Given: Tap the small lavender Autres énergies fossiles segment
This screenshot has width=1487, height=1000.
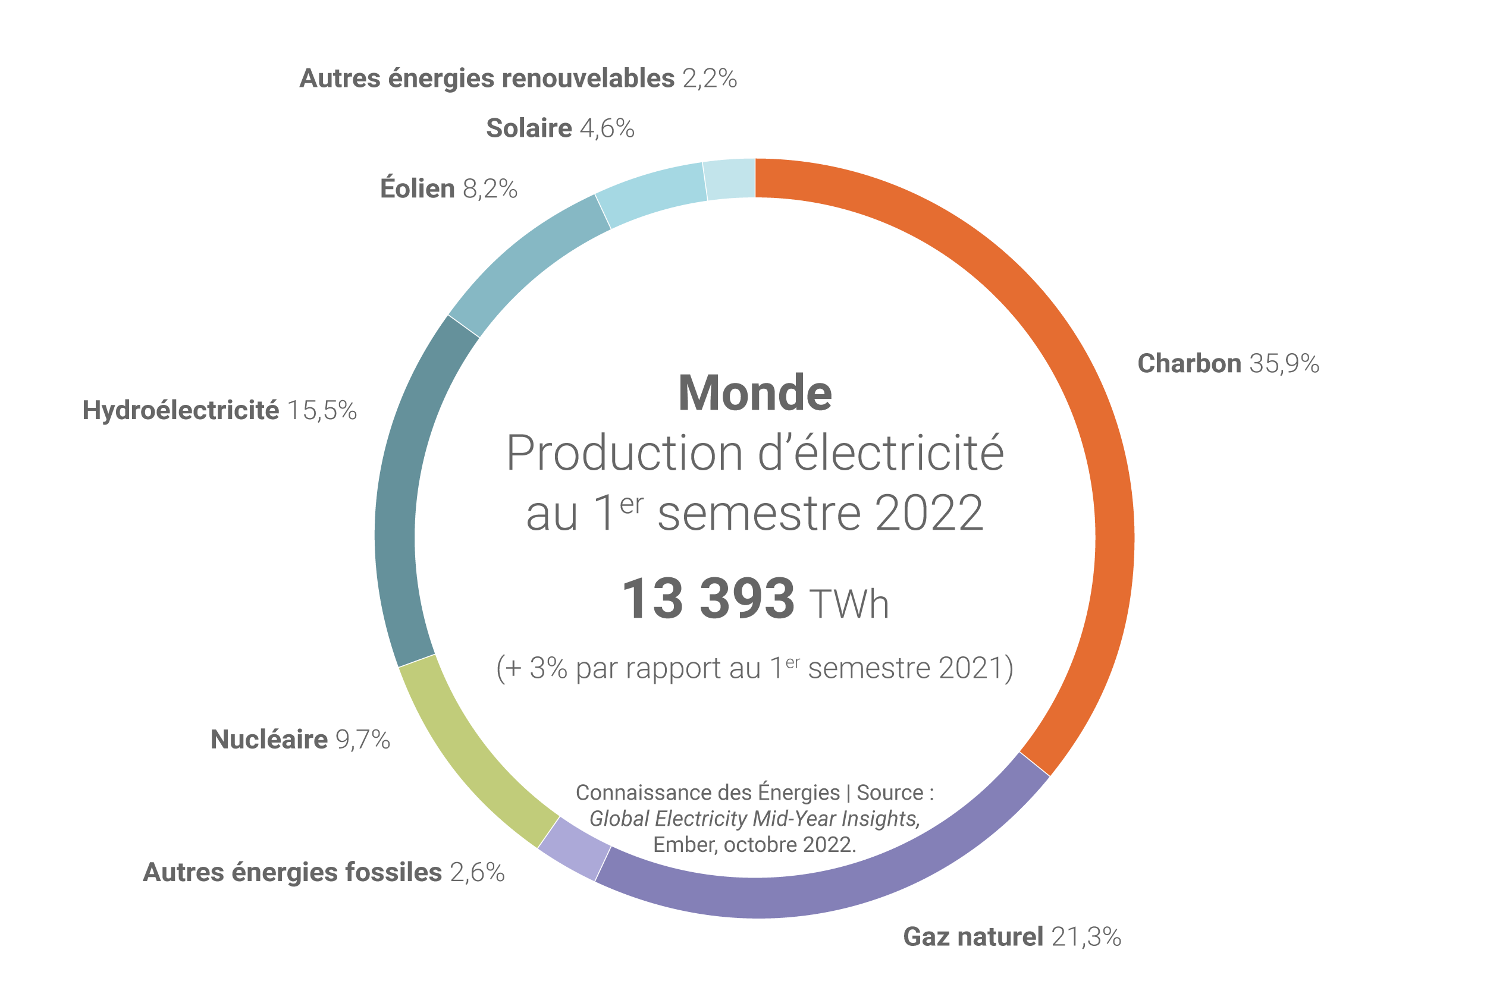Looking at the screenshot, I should tap(573, 848).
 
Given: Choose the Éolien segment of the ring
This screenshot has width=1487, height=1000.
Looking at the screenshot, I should tap(523, 262).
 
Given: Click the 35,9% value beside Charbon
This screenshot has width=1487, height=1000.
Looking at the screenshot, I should tap(1284, 363).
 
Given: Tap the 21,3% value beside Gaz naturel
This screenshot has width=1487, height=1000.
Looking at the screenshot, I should tap(1086, 937).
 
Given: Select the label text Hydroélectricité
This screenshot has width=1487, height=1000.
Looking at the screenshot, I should tap(181, 410).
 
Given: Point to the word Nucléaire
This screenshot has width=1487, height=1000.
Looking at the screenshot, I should tap(269, 739).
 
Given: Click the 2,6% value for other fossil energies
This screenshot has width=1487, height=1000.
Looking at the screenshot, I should tap(477, 872).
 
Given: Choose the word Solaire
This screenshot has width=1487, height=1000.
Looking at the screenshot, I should tap(529, 128).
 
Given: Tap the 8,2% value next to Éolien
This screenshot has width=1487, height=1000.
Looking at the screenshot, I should tap(490, 189).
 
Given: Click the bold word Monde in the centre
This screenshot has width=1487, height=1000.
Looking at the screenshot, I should tap(755, 393).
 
